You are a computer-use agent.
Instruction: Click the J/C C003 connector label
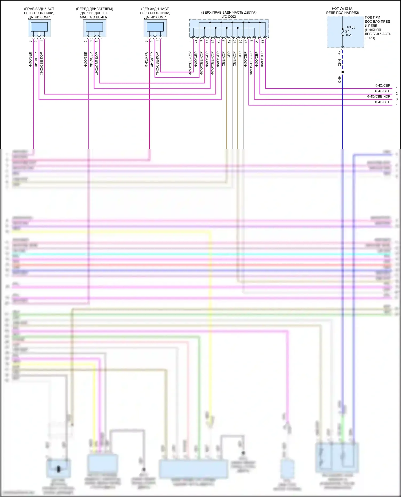coord(229,17)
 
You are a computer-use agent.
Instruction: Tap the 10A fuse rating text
coord(348,35)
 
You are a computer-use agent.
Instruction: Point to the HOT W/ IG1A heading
coord(342,9)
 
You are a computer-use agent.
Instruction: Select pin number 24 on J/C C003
coord(196,41)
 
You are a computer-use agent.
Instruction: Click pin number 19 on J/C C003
coord(229,41)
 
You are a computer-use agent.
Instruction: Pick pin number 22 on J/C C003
coord(262,41)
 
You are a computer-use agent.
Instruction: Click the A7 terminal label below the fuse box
coord(339,53)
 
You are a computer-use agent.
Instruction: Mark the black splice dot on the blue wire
coord(342,72)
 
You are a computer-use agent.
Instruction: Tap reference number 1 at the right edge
coord(396,88)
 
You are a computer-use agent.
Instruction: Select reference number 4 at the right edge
coord(396,105)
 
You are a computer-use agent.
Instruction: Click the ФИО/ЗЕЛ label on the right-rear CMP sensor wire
coord(30,59)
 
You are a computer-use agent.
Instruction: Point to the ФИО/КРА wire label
coord(146,59)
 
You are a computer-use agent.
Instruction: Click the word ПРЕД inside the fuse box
coord(350,27)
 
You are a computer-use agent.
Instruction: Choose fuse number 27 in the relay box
coord(347,31)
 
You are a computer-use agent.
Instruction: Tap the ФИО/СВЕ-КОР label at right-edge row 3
coord(378,96)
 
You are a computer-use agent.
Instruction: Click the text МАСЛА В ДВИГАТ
coord(94,17)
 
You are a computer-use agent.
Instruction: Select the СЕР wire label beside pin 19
coord(229,55)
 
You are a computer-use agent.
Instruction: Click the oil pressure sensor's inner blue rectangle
coord(94,27)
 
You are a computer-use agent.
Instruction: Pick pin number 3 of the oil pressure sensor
coord(97,41)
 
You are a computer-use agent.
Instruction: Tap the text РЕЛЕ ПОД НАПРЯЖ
coord(342,13)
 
